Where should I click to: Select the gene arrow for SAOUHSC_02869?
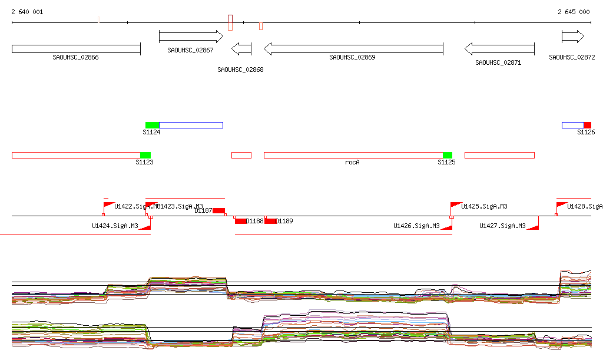[353, 48]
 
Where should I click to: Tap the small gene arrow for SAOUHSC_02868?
[241, 48]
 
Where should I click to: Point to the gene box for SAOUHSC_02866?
[76, 48]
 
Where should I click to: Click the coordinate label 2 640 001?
[27, 12]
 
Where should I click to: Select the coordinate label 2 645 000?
[574, 12]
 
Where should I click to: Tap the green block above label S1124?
[152, 125]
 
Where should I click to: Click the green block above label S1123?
[145, 155]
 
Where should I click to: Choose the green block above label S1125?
[448, 155]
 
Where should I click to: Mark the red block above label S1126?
[587, 125]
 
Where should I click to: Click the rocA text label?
[352, 162]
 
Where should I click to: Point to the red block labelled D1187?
[218, 210]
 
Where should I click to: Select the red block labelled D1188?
[241, 221]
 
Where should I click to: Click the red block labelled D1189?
[270, 221]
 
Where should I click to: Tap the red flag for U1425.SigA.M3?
[455, 204]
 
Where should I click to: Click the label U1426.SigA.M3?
[416, 226]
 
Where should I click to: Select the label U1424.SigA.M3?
[115, 226]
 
